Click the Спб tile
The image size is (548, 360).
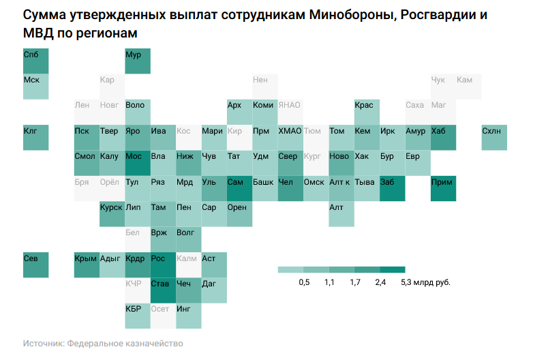(x=36, y=61)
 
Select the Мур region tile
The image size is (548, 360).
(x=138, y=61)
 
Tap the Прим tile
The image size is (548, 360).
(x=443, y=188)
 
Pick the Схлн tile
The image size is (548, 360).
(x=494, y=137)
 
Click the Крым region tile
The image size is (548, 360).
(x=87, y=265)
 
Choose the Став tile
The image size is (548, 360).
(x=163, y=290)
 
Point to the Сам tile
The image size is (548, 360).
(x=239, y=188)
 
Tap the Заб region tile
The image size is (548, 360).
(x=392, y=188)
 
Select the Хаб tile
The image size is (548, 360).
(x=443, y=137)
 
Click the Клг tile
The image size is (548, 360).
(x=36, y=137)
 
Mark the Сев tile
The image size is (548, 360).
(x=36, y=265)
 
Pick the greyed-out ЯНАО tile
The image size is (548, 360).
(x=290, y=112)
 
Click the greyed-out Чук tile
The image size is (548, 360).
(x=443, y=87)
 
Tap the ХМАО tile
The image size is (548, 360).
(x=290, y=137)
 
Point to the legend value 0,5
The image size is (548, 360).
(x=304, y=282)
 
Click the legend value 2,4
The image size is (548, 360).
(x=380, y=282)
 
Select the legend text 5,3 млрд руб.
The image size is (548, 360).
(x=426, y=282)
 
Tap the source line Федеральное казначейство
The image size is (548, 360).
(x=125, y=344)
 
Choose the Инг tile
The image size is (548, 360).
(x=188, y=315)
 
